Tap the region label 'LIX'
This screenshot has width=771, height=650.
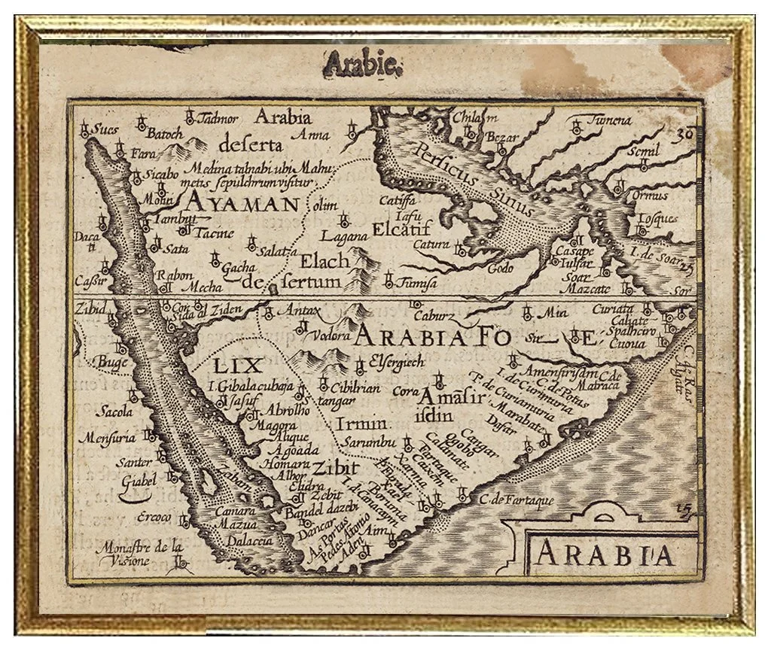click(236, 366)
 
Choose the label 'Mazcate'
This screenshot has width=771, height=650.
click(587, 288)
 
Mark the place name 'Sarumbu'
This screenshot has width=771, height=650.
click(364, 443)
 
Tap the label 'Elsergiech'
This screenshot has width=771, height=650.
click(397, 362)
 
